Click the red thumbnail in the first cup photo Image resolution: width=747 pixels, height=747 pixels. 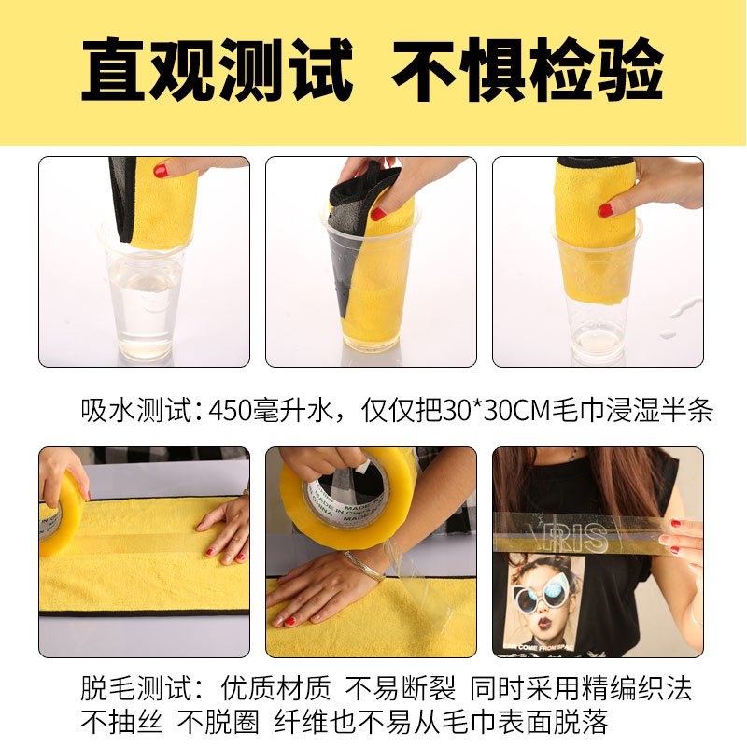point(161,171)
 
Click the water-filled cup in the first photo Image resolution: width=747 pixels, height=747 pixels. point(144,299)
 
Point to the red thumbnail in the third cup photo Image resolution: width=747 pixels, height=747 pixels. point(606,210)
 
